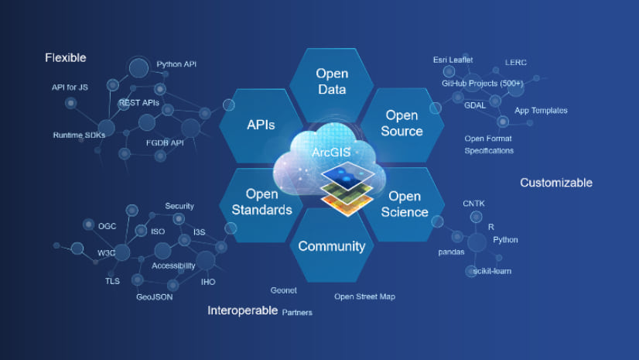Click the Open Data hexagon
332,81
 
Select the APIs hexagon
261,125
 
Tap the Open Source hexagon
402,123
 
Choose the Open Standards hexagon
261,202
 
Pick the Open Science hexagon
404,204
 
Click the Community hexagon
331,246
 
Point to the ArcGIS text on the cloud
331,153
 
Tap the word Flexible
66,58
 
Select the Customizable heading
555,183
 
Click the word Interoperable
242,310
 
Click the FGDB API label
164,142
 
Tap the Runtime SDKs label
79,135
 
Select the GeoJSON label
154,297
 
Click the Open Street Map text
369,297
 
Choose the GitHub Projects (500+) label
483,83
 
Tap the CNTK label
473,203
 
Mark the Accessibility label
173,266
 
